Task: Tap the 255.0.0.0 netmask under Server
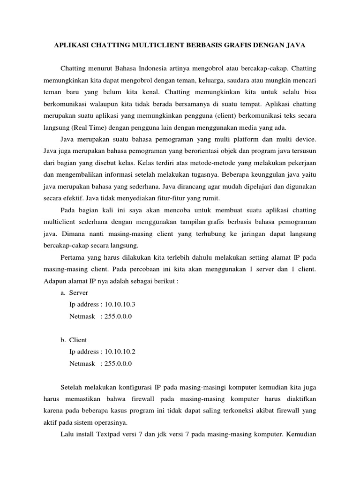pyautogui.click(x=116, y=316)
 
